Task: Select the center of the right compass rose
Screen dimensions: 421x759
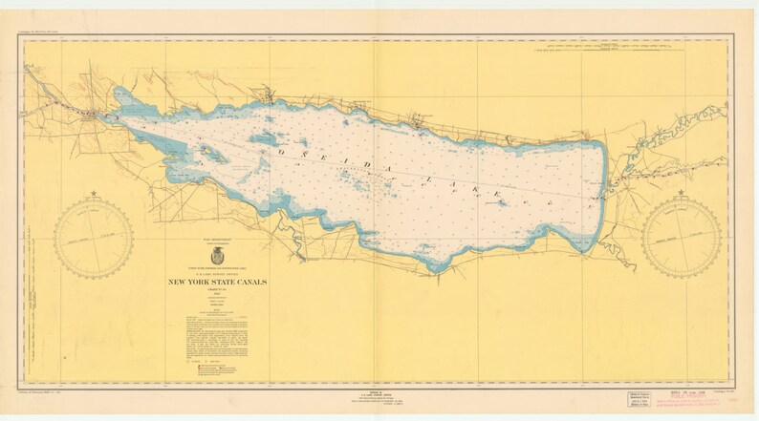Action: (682, 241)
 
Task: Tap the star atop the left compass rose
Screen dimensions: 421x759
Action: (94, 195)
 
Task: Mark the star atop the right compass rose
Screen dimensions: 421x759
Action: (682, 195)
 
